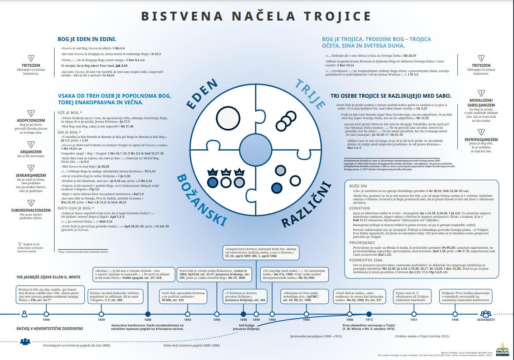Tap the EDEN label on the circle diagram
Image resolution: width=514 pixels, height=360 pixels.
pos(201,94)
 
